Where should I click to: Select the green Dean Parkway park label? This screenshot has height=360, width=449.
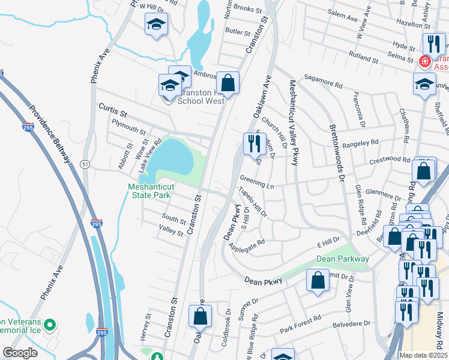pyautogui.click(x=343, y=259)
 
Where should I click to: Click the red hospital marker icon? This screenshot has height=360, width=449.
pyautogui.click(x=424, y=61)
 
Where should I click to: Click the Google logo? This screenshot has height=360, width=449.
pyautogui.click(x=20, y=353)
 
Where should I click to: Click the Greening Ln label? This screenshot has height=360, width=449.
pyautogui.click(x=256, y=182)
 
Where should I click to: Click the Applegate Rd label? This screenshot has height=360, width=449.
pyautogui.click(x=247, y=246)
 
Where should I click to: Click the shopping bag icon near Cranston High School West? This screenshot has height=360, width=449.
pyautogui.click(x=228, y=82)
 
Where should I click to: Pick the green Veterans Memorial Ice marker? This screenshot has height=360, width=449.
pyautogui.click(x=50, y=326)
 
